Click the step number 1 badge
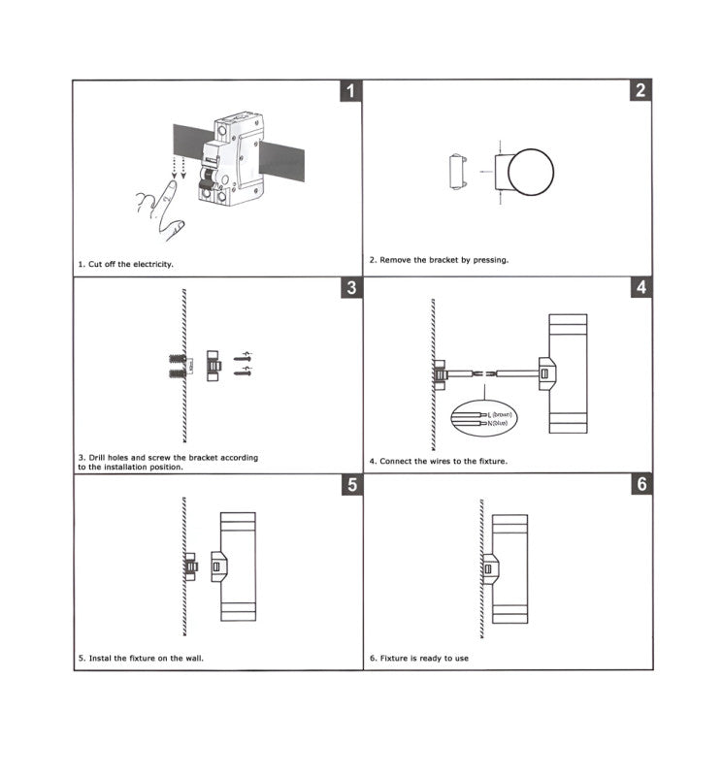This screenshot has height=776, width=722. [350, 92]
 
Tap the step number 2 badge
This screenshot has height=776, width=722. [640, 92]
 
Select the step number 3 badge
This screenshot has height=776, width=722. [350, 288]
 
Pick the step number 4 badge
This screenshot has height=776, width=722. [640, 288]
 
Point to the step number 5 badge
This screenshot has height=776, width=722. [350, 485]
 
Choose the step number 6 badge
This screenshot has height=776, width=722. [640, 485]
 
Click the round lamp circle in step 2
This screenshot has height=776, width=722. [530, 174]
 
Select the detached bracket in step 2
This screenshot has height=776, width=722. [458, 174]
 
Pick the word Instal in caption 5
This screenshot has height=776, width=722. [101, 658]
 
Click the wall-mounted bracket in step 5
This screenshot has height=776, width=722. [191, 565]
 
